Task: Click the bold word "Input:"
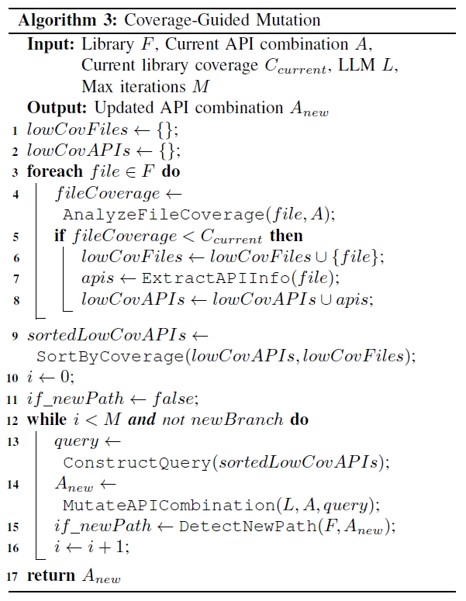pos(51,44)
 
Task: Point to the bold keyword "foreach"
pos(54,171)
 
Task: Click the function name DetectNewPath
pos(228,527)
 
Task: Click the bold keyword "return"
pos(50,576)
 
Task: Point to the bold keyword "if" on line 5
pos(60,235)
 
